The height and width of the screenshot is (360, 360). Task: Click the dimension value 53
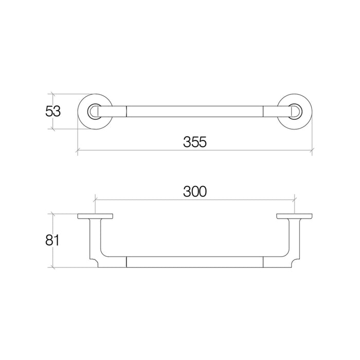coord(53,111)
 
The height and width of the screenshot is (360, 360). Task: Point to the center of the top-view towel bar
coord(195,111)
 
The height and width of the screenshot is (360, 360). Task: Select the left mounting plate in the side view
coord(96,216)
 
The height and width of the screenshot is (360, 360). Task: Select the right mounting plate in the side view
coord(294,216)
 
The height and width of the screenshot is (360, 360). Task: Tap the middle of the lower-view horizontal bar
coord(195,262)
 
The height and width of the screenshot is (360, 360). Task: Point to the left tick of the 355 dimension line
coord(78,151)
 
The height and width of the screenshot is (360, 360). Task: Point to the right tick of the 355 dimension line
coord(313,151)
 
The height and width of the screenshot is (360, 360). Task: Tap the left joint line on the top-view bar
coord(127,111)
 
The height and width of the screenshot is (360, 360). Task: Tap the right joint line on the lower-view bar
coord(263,262)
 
